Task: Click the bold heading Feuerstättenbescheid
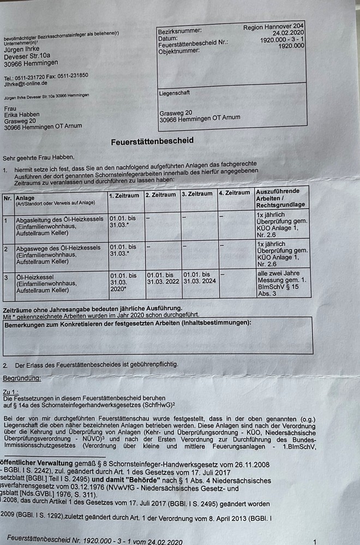pyautogui.click(x=152, y=141)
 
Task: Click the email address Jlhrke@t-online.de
pyautogui.click(x=26, y=84)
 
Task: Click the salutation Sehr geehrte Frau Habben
pyautogui.click(x=38, y=158)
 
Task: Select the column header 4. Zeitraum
pyautogui.click(x=235, y=193)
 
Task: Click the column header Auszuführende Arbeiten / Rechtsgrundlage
pyautogui.click(x=281, y=199)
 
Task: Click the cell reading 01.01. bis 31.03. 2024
pyautogui.click(x=199, y=278)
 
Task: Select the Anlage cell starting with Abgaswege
pyautogui.click(x=57, y=255)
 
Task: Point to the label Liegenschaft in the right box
pyautogui.click(x=175, y=93)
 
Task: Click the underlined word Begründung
pyautogui.click(x=21, y=378)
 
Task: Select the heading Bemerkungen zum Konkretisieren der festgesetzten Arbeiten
pyautogui.click(x=128, y=323)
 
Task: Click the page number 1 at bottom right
pyautogui.click(x=315, y=541)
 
